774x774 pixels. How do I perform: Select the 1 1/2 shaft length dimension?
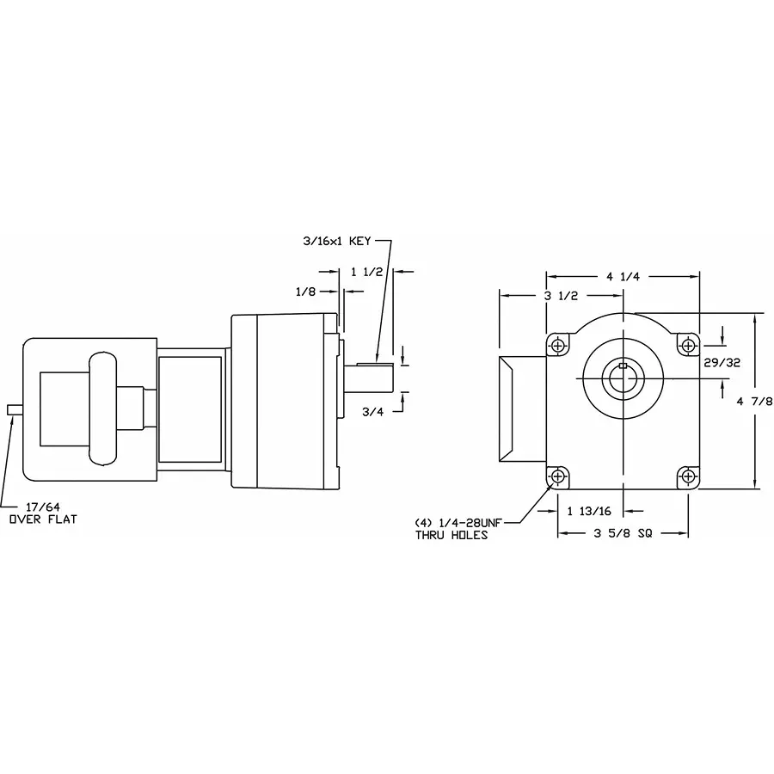[x=367, y=272]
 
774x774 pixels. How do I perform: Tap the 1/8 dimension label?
[x=305, y=292]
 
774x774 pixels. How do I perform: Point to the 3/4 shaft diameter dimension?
[x=372, y=411]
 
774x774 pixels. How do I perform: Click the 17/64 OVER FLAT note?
[x=42, y=513]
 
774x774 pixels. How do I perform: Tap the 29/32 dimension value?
[x=722, y=363]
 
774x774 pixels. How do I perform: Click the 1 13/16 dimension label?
[x=589, y=511]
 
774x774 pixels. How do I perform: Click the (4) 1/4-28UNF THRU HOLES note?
[x=458, y=528]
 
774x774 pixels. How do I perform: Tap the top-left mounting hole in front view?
[x=559, y=345]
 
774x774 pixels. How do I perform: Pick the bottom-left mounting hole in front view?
[x=559, y=476]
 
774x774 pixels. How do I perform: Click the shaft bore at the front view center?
[x=622, y=378]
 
